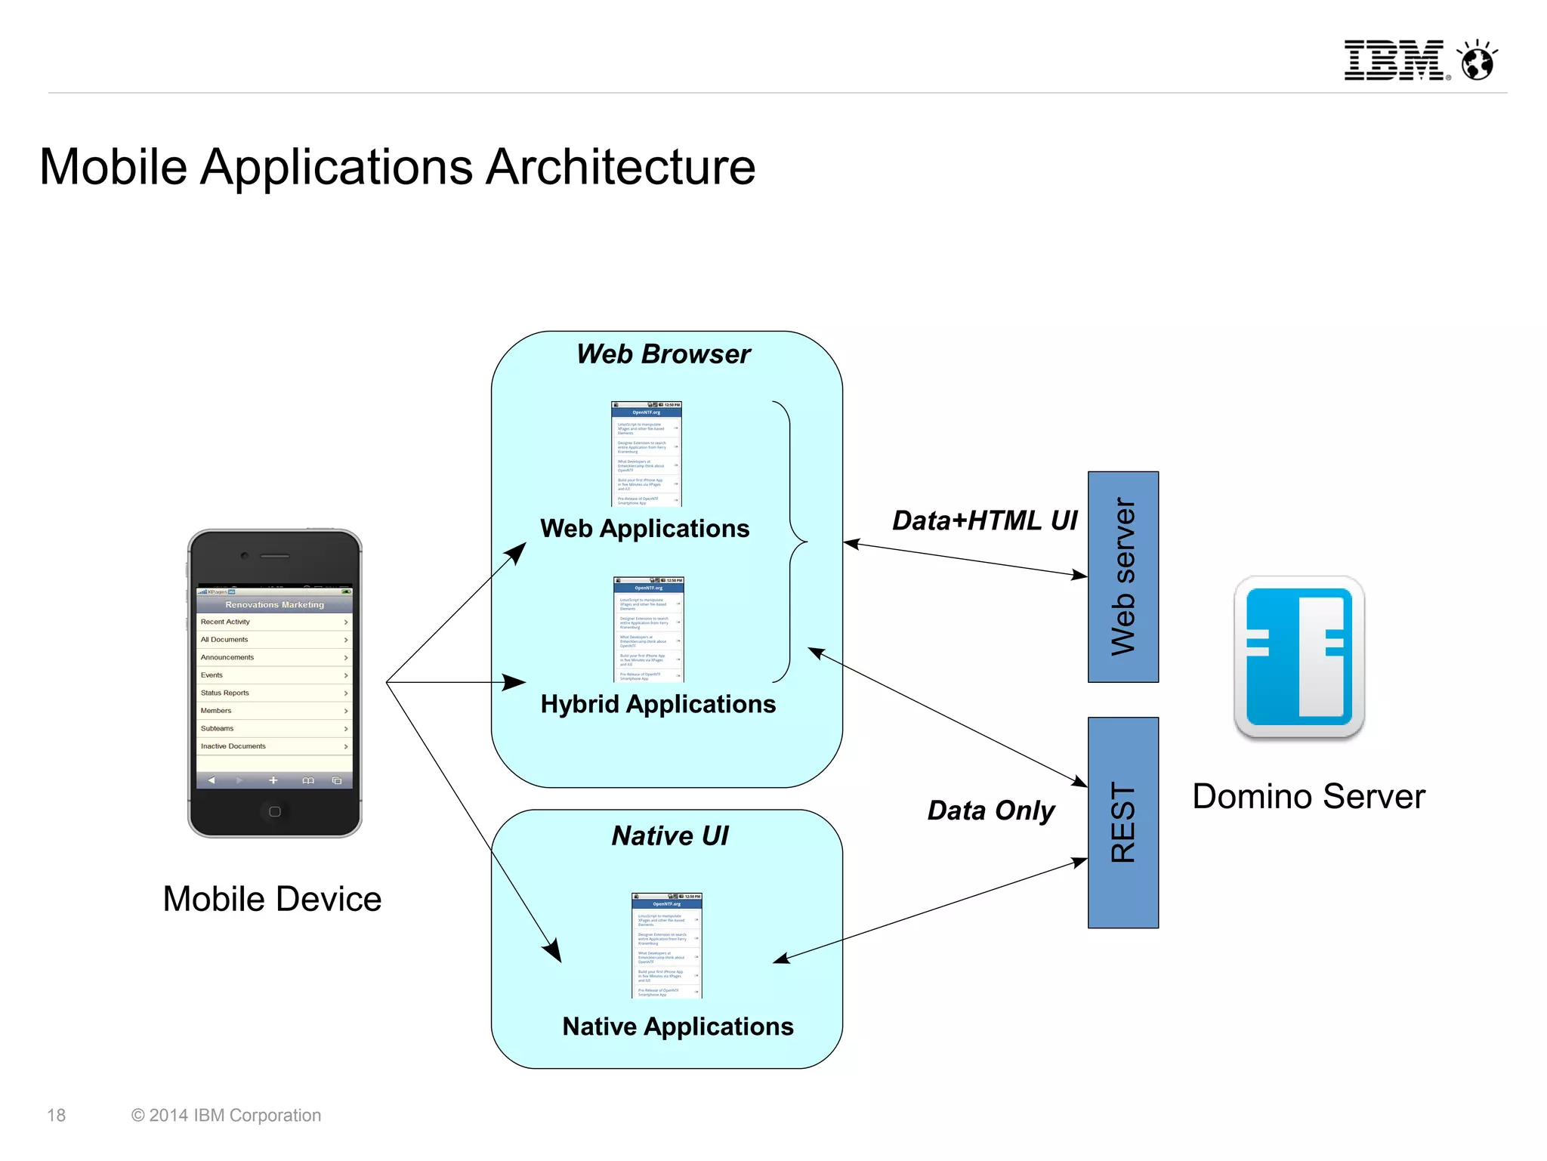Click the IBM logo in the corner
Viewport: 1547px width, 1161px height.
(x=1394, y=60)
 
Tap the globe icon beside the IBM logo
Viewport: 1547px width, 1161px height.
(x=1478, y=61)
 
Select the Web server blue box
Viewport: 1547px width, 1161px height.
(x=1122, y=577)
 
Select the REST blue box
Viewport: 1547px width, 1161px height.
(x=1122, y=823)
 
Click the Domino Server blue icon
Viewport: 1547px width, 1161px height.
(x=1298, y=656)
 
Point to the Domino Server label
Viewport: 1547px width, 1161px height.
(x=1308, y=797)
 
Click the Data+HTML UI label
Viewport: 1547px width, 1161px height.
(x=984, y=520)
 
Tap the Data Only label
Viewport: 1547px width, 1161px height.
(x=990, y=811)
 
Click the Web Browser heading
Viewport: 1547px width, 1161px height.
(x=663, y=354)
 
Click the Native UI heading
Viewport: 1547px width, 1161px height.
(x=669, y=835)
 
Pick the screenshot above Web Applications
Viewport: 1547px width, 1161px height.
(x=646, y=454)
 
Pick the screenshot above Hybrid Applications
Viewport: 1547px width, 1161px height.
(x=648, y=629)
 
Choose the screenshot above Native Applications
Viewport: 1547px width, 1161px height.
(x=666, y=946)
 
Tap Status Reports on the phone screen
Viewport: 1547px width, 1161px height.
(x=225, y=693)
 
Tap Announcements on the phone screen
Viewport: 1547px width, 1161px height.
(x=227, y=657)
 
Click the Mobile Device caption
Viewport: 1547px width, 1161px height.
(x=272, y=899)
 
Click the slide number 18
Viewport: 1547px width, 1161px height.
(x=57, y=1115)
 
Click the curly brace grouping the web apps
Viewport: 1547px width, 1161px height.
(x=791, y=542)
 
